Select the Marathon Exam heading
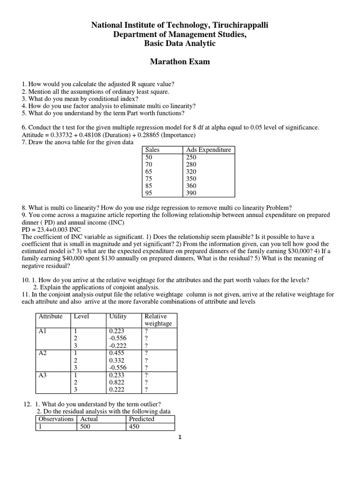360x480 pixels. (x=180, y=62)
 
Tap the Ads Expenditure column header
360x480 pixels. (x=209, y=150)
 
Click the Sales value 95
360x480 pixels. (x=150, y=193)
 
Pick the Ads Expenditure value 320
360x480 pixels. (x=191, y=172)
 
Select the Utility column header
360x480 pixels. (x=118, y=316)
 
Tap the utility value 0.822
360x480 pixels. (x=117, y=382)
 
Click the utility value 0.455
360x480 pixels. (x=117, y=353)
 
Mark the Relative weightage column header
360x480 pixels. (x=158, y=320)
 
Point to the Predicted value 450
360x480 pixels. (x=134, y=427)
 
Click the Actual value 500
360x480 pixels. (x=89, y=427)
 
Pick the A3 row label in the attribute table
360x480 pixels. (x=43, y=375)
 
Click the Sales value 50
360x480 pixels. (x=150, y=157)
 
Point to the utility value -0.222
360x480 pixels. (x=118, y=345)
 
